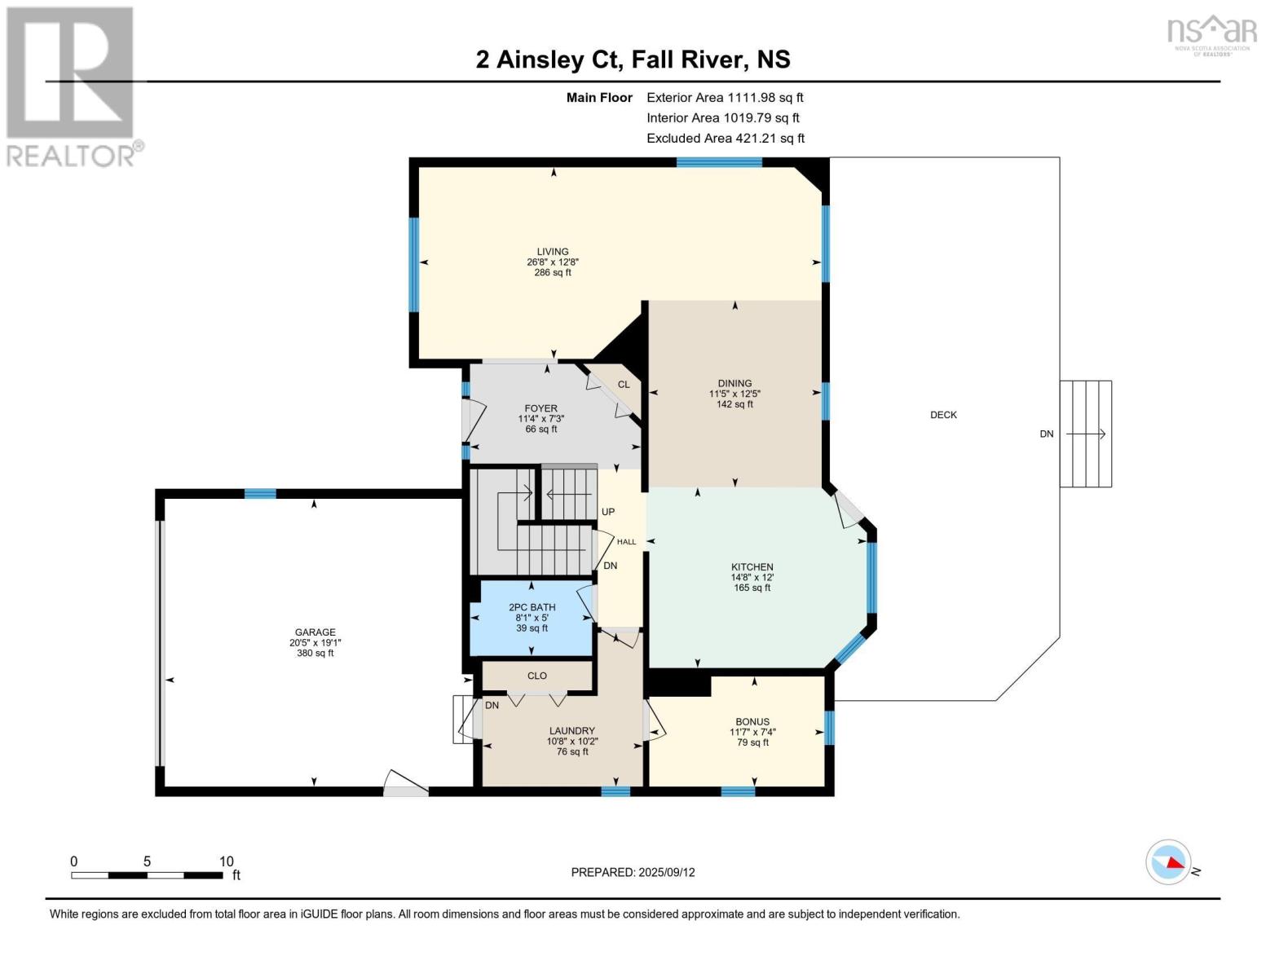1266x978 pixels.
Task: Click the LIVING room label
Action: click(553, 252)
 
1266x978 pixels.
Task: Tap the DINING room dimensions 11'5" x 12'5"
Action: click(734, 394)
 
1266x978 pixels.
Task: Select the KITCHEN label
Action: click(752, 566)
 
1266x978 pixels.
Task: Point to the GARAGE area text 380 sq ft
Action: click(315, 653)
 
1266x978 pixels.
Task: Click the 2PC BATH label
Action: click(532, 607)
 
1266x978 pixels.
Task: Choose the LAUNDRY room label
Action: click(572, 730)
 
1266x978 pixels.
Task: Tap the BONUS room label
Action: click(752, 721)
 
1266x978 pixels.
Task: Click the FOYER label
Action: click(540, 408)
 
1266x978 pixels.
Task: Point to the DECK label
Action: click(943, 415)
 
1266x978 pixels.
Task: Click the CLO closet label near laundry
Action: click(537, 676)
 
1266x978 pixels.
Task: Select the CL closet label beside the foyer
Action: click(624, 385)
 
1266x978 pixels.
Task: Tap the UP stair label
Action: click(607, 512)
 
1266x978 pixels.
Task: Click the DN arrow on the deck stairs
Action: click(1085, 434)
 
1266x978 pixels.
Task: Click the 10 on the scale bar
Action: click(226, 861)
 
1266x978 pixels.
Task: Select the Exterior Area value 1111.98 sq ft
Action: click(763, 97)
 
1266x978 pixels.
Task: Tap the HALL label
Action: click(626, 542)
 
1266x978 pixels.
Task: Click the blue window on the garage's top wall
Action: click(260, 494)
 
